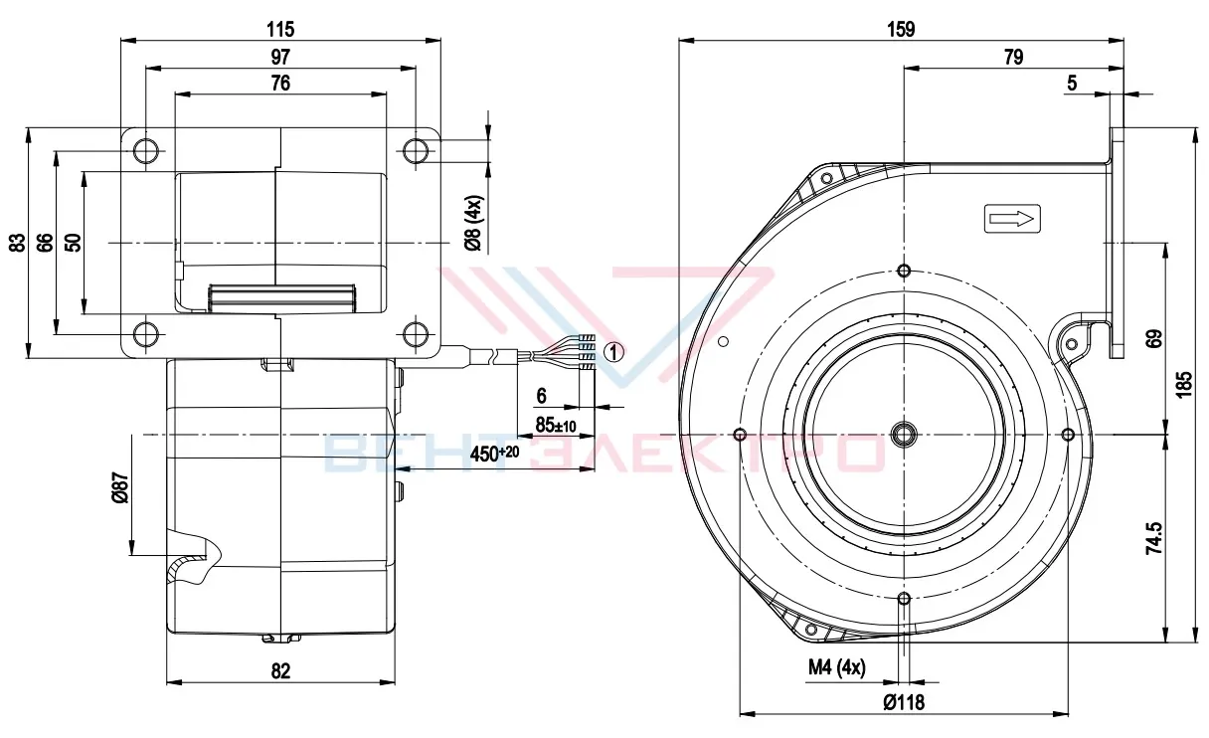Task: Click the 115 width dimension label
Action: pyautogui.click(x=280, y=29)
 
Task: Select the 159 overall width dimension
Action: pyautogui.click(x=901, y=29)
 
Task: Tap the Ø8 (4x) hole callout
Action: pyautogui.click(x=473, y=223)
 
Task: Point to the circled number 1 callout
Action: pyautogui.click(x=613, y=352)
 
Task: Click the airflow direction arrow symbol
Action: pyautogui.click(x=1012, y=219)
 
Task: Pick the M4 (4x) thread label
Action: pyautogui.click(x=836, y=667)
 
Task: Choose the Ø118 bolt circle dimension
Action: pyautogui.click(x=904, y=702)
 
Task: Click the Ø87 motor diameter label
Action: pyautogui.click(x=120, y=488)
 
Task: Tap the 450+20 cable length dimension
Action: pyautogui.click(x=494, y=454)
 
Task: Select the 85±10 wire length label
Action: pyautogui.click(x=556, y=426)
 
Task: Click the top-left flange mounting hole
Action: pyautogui.click(x=146, y=150)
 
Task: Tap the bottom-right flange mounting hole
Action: pyautogui.click(x=415, y=334)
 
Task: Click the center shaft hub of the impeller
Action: pyautogui.click(x=904, y=434)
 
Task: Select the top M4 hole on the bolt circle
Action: pyautogui.click(x=904, y=271)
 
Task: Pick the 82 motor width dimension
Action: pyautogui.click(x=280, y=671)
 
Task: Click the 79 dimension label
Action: pyautogui.click(x=1013, y=57)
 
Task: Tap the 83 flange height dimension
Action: pyautogui.click(x=18, y=243)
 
